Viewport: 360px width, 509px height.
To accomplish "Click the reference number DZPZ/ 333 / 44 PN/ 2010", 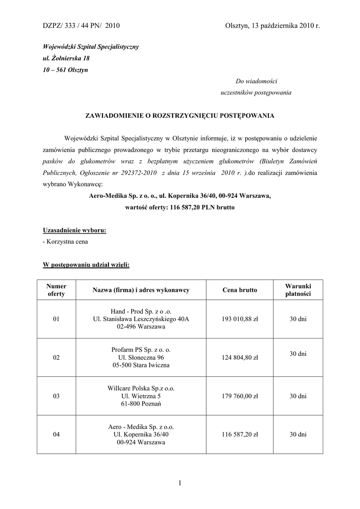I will tap(81, 25).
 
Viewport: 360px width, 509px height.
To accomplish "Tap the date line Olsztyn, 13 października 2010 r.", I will tap(271, 25).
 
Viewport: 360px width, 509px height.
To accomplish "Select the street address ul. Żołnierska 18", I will tap(66, 58).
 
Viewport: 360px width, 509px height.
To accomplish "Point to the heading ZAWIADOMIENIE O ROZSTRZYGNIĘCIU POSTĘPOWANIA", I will tap(180, 115).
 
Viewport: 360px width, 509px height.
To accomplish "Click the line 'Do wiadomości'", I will tap(256, 81).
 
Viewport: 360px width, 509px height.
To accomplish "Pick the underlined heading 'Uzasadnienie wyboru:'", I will tap(75, 231).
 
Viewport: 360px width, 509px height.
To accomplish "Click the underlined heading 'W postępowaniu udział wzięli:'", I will tap(86, 265).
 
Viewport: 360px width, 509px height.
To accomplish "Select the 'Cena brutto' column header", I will tap(240, 290).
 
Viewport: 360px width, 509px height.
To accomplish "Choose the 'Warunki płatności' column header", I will tap(298, 290).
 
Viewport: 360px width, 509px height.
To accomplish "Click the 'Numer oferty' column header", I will tap(56, 290).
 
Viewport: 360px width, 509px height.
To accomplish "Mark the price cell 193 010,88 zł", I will tap(240, 319).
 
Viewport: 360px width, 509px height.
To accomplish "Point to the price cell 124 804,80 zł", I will tap(240, 358).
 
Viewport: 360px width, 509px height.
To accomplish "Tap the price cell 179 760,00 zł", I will tap(240, 396).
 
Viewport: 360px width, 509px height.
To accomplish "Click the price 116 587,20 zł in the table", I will tap(240, 434).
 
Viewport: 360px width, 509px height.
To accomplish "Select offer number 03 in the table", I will tap(56, 396).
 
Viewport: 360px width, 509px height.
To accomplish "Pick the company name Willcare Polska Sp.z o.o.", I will tap(141, 388).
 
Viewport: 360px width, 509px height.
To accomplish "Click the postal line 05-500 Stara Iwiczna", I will tap(141, 365).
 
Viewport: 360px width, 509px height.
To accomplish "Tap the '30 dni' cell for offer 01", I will tap(298, 319).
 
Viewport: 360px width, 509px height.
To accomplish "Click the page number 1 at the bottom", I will tap(180, 483).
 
